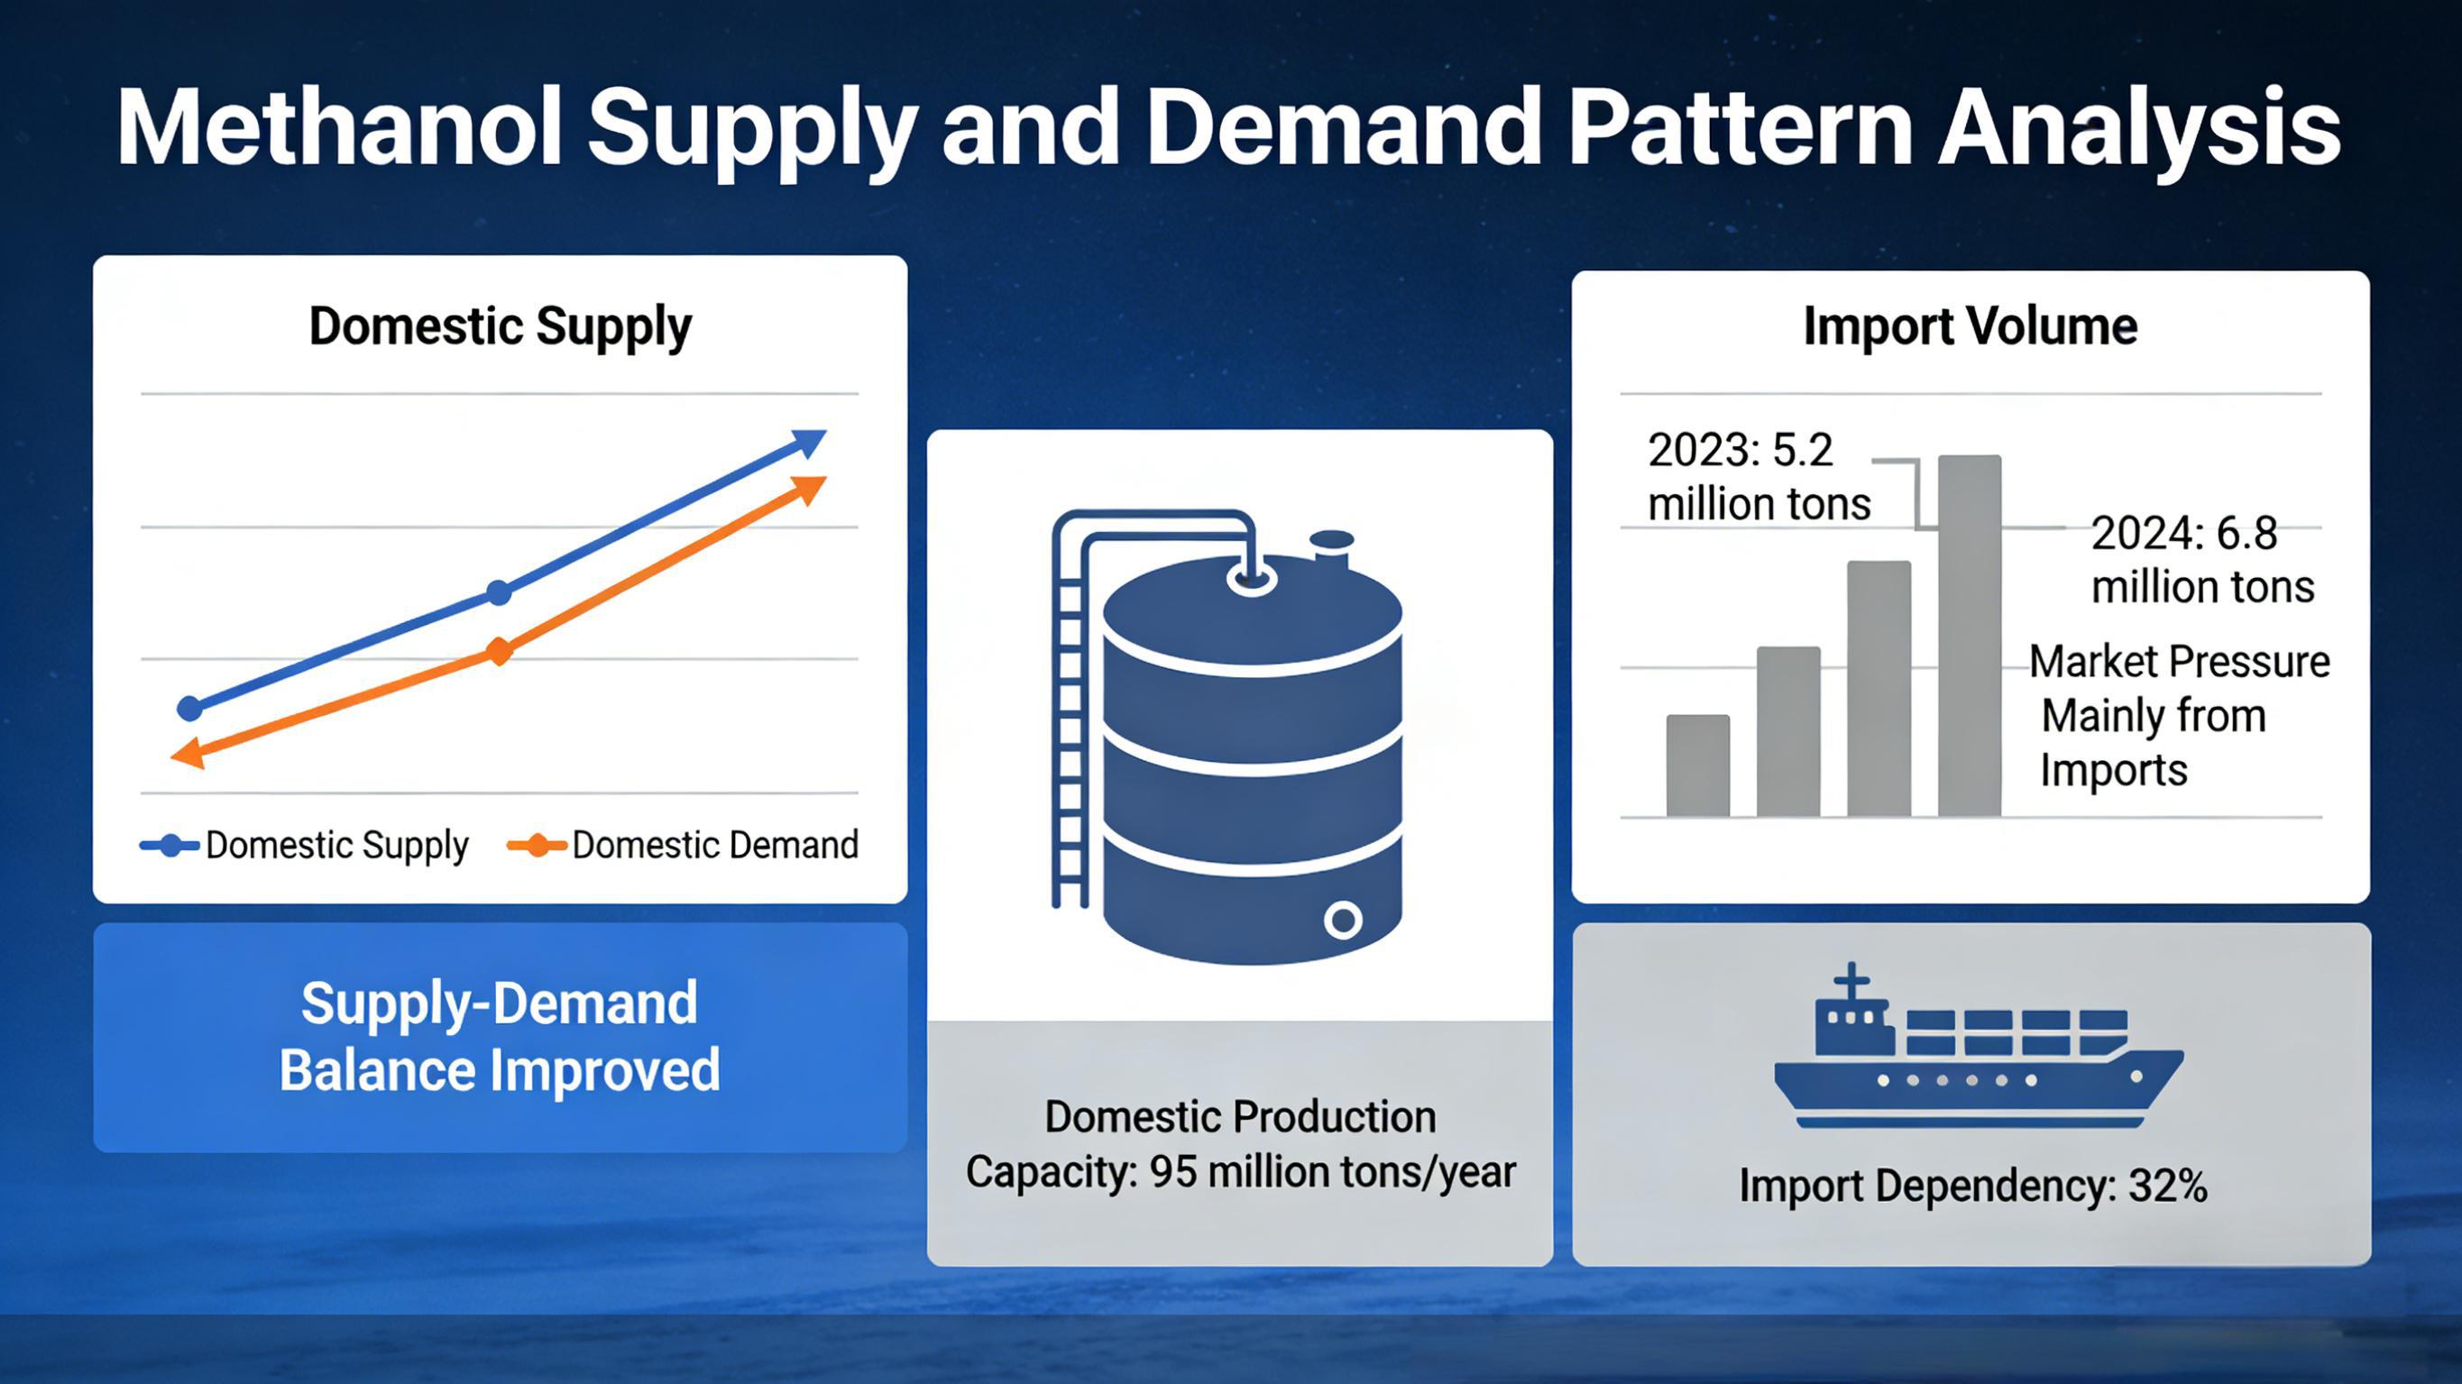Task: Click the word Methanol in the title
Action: (x=339, y=128)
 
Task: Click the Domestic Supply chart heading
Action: (x=500, y=327)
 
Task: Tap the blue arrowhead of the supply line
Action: (x=808, y=444)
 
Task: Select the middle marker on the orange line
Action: (x=499, y=652)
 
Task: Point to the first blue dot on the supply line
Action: (x=190, y=709)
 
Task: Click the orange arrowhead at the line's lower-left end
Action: (x=188, y=753)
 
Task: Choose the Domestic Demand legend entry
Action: (x=683, y=845)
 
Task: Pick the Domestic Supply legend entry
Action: (x=304, y=846)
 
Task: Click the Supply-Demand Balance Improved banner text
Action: (x=499, y=1036)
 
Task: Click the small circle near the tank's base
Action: (x=1343, y=921)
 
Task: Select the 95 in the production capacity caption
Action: (x=1172, y=1172)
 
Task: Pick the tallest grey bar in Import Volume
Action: (x=1969, y=636)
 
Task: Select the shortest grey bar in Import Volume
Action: (x=1697, y=765)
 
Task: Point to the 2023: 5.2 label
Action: (x=1741, y=450)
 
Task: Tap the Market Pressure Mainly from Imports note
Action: (x=2180, y=715)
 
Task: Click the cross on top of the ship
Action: (x=1851, y=982)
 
